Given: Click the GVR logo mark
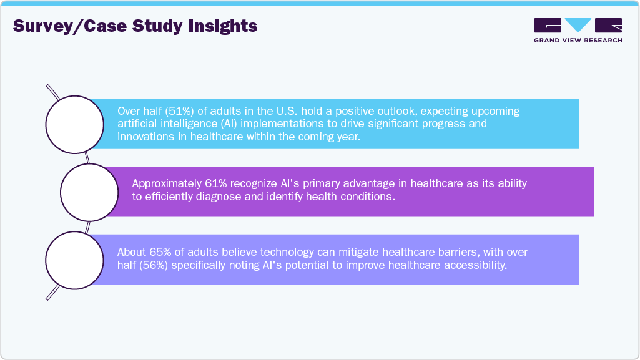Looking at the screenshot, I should [x=578, y=26].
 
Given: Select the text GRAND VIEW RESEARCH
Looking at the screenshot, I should [x=578, y=41].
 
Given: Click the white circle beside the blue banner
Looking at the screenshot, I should [x=76, y=124].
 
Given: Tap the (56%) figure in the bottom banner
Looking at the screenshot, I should [x=156, y=265].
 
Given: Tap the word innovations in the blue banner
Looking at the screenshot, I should [x=147, y=137].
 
